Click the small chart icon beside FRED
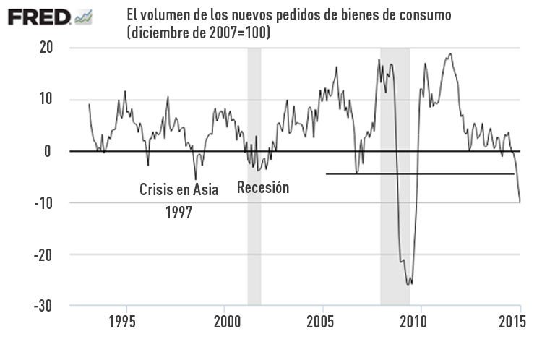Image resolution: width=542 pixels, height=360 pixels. click(83, 17)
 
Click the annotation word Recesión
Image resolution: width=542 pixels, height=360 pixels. click(263, 188)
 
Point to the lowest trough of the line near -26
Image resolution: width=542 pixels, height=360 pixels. click(410, 284)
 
